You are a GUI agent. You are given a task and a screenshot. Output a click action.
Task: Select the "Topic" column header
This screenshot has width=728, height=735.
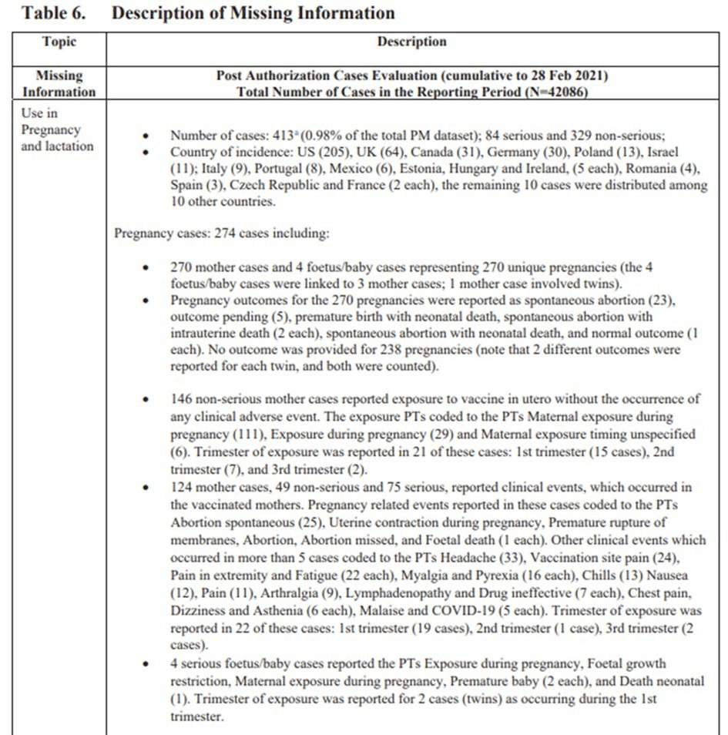tap(59, 42)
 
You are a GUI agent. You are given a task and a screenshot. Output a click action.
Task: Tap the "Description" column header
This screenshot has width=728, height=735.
tap(411, 42)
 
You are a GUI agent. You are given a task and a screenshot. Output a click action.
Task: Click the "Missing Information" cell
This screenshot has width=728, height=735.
tap(59, 84)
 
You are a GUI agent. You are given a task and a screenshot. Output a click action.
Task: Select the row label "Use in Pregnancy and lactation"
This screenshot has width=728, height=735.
tap(57, 129)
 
